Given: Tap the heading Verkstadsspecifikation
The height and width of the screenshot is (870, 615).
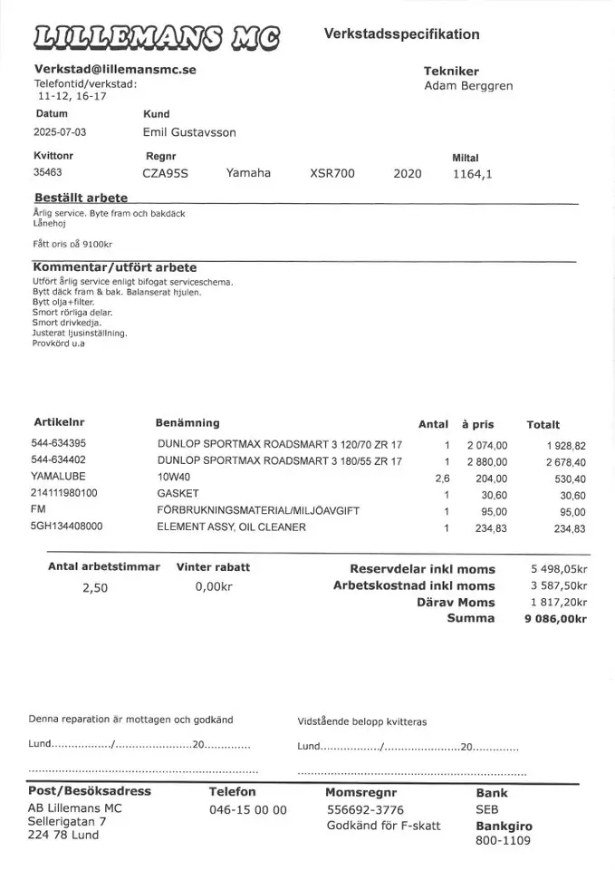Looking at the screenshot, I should coord(401,34).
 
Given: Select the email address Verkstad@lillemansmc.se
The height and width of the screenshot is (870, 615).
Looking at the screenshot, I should coord(115,69).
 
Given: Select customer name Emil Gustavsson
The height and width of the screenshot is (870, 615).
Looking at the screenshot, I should coord(189,132).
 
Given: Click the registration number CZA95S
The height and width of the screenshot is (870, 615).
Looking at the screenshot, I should coord(165,173).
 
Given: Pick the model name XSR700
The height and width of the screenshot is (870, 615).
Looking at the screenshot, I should coord(332,173).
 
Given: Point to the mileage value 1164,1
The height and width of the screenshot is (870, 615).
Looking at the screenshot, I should coord(472,174).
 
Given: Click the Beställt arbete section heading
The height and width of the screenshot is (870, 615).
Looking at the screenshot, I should coord(80,198).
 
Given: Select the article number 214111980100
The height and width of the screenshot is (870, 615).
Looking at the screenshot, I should coord(64,493).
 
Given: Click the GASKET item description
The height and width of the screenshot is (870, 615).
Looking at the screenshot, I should coord(177,494).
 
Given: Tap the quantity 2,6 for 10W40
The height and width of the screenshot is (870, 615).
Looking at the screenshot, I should coord(442,478).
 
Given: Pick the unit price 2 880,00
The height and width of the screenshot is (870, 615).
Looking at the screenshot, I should coord(487,461).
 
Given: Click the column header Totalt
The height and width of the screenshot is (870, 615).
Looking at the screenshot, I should coord(543,424).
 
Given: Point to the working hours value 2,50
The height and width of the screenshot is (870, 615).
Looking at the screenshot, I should coord(95,587).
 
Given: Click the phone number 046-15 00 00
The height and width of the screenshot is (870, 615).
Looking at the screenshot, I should coord(247,810).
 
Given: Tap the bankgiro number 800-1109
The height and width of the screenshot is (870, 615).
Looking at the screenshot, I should coord(503,840).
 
